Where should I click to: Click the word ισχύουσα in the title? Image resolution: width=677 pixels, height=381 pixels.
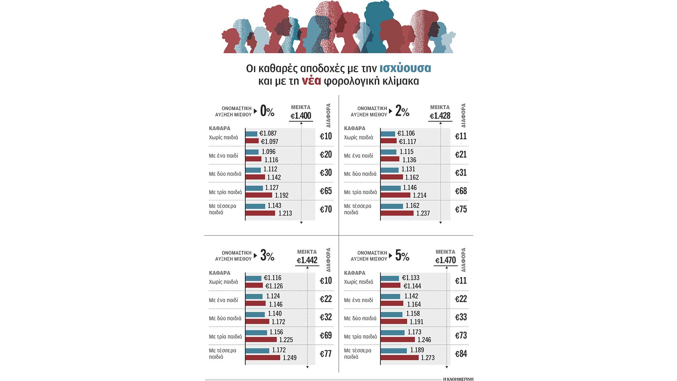405,68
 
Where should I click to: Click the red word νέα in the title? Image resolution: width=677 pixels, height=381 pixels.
311,81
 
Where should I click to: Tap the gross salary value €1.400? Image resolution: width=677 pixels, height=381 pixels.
301,116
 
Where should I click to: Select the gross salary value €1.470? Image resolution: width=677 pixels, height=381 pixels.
445,260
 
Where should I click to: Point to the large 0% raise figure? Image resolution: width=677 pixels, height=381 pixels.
267,111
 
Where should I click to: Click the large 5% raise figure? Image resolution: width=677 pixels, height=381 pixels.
402,255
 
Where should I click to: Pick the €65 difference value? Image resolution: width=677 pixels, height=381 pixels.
325,191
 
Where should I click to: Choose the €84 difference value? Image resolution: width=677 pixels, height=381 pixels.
461,354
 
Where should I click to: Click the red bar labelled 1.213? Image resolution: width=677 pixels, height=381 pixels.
260,213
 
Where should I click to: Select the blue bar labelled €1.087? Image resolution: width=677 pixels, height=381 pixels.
251,134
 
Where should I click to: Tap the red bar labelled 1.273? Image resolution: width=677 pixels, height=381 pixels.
400,358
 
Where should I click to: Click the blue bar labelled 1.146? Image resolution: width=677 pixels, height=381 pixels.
391,188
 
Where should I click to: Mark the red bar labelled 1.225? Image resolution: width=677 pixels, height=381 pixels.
261,340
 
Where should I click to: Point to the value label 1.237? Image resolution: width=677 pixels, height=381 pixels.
423,213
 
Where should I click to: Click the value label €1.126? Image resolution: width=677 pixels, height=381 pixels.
274,286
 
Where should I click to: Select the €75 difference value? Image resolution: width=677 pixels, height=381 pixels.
461,210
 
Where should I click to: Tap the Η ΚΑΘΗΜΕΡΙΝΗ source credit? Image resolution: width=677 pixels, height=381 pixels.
458,379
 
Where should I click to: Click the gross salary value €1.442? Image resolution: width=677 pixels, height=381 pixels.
307,260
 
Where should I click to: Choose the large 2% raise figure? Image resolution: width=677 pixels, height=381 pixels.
402,111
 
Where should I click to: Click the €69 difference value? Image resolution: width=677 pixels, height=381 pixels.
325,335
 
